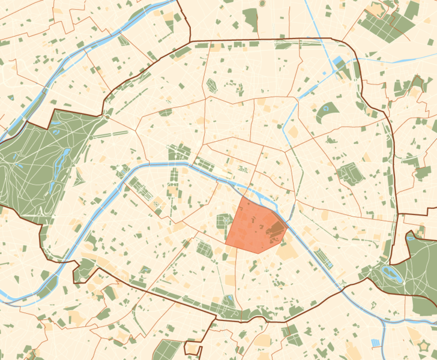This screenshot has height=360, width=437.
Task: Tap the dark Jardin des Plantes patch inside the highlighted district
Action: (x=276, y=228)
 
